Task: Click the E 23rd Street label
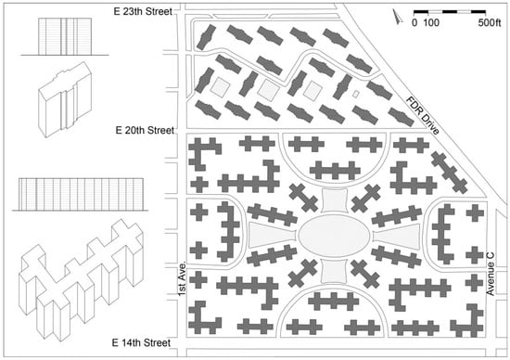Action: tap(143, 11)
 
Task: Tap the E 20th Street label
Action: tap(145, 130)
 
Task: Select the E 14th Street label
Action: tap(141, 342)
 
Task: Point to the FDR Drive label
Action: tap(422, 115)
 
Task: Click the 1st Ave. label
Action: tap(183, 278)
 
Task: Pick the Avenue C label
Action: tap(491, 274)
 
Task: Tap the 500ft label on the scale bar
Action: tap(490, 23)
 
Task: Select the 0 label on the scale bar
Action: tap(414, 23)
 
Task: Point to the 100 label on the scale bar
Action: tap(431, 23)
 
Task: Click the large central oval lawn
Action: tap(334, 235)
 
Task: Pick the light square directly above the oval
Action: tap(334, 200)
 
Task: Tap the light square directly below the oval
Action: tap(334, 271)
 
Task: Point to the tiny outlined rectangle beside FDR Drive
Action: tap(356, 94)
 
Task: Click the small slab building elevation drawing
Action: tap(65, 36)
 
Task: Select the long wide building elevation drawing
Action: tap(80, 194)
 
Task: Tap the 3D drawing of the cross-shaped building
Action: tap(82, 280)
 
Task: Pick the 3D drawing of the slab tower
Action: tap(65, 99)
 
